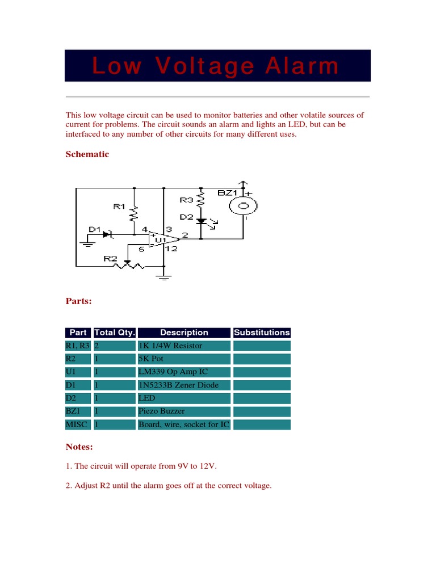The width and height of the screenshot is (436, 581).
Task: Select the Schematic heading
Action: (x=87, y=154)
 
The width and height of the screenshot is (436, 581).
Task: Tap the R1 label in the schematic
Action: (x=119, y=207)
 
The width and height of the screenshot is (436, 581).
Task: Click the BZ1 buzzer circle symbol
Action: (x=244, y=205)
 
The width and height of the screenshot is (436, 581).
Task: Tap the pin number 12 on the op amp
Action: (x=173, y=249)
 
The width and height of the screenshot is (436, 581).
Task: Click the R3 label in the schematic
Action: (x=186, y=200)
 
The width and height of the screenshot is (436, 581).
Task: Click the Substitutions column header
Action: (x=262, y=332)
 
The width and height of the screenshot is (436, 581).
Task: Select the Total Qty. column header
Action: (x=114, y=332)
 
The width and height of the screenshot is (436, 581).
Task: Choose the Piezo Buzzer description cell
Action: (x=161, y=411)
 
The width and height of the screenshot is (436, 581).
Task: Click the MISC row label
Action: (x=76, y=424)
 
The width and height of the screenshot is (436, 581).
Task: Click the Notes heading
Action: (x=79, y=447)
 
